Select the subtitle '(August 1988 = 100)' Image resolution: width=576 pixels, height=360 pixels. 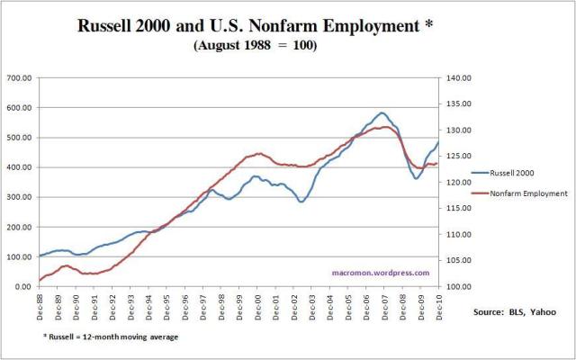tap(254, 45)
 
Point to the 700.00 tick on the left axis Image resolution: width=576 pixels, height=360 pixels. tap(20, 79)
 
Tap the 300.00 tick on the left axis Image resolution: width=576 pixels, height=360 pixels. tap(20, 197)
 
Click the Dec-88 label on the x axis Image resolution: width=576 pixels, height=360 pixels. tap(40, 305)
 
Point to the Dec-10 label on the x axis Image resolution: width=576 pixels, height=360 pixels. tap(437, 305)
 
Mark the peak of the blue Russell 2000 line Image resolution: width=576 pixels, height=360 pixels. tap(383, 113)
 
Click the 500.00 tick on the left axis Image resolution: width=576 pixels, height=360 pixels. tap(20, 138)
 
